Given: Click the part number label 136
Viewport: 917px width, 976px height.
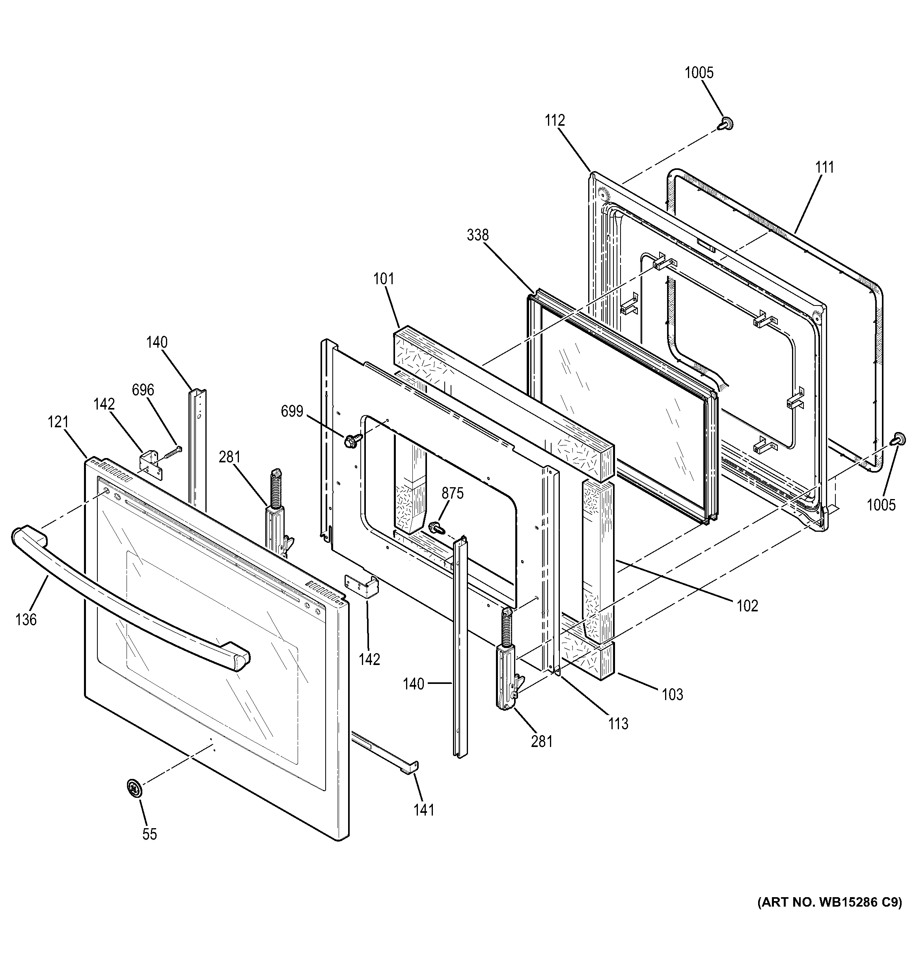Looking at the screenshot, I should click(26, 620).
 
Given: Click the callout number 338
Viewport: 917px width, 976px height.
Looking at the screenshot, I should click(478, 235).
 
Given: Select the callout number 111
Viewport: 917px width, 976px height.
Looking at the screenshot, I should click(825, 168).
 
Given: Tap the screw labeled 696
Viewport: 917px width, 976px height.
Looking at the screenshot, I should click(170, 452).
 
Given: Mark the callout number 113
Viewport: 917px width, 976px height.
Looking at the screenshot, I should click(618, 723).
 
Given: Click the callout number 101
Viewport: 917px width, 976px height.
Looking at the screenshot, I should click(383, 279).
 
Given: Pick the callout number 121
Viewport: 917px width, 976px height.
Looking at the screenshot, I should click(58, 422).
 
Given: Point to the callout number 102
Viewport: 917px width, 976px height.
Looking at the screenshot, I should click(747, 606).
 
